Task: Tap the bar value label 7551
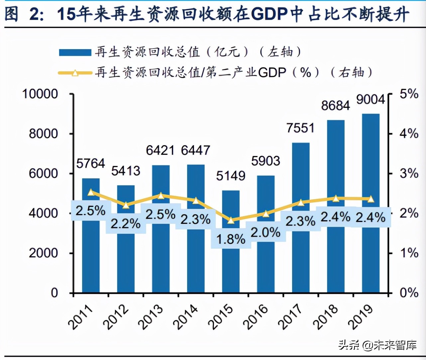300,128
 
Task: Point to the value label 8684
335,106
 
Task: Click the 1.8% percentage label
231,239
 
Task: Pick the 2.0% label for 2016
266,232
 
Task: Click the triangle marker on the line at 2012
126,205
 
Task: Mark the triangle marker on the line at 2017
300,202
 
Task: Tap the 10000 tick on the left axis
40,94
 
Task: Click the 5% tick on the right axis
408,94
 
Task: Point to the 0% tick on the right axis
408,293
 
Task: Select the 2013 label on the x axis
151,317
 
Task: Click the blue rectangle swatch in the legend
75,52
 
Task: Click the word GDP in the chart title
269,14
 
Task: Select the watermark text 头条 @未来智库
377,345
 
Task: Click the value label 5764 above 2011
90,163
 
